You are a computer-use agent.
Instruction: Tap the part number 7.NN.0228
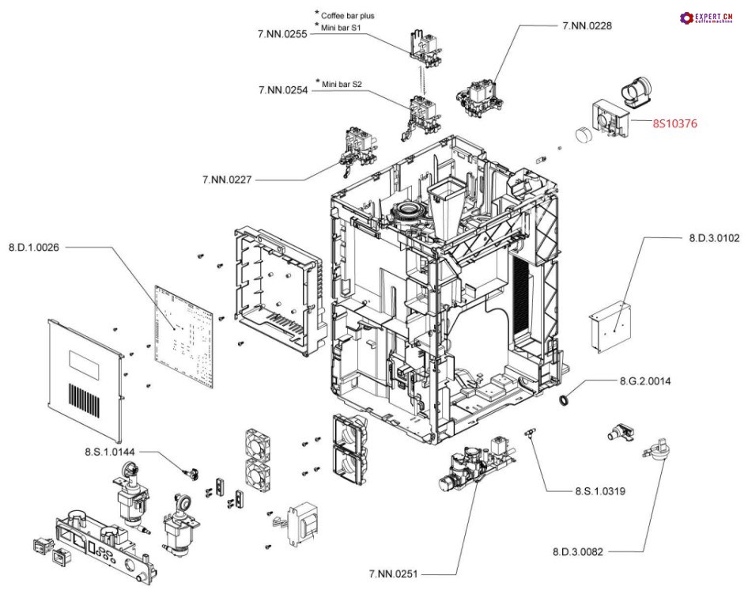tap(587, 25)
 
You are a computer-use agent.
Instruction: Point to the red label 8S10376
tap(674, 123)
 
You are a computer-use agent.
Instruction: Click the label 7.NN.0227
tap(228, 180)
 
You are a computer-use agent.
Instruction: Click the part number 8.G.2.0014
tap(644, 381)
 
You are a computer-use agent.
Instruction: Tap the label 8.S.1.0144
tap(110, 451)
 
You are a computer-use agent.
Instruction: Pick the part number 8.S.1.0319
tap(600, 491)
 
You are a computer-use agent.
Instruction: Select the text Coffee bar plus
tap(347, 15)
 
